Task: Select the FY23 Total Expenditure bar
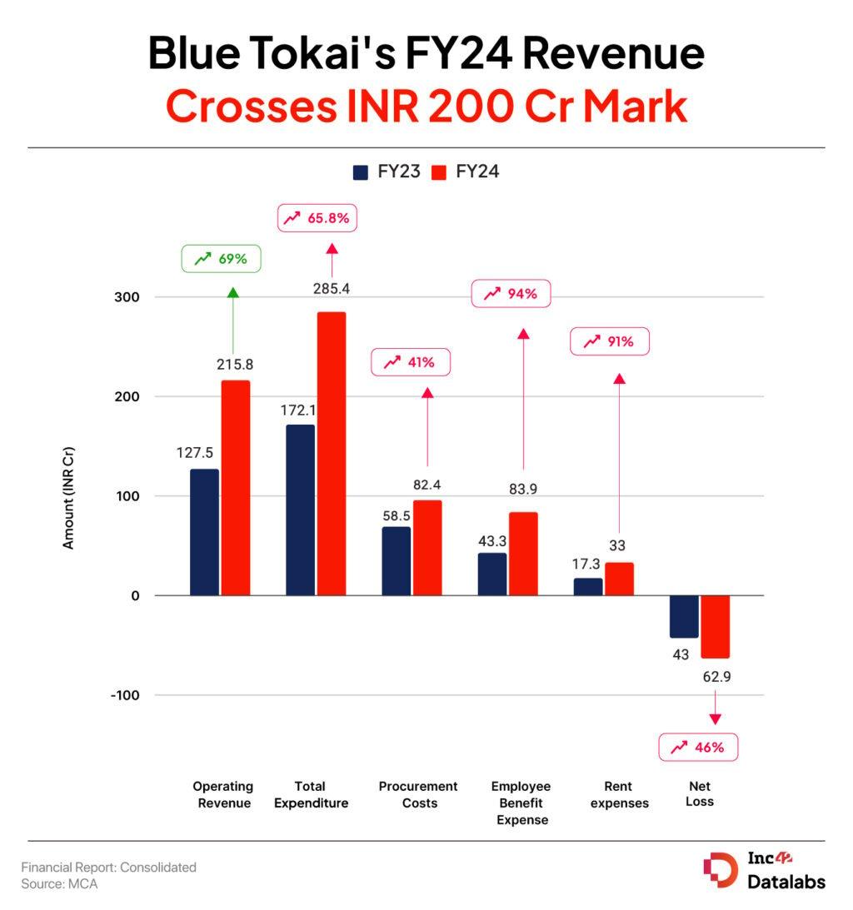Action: coord(300,510)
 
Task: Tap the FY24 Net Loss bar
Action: coord(715,626)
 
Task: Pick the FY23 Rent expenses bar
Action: coord(587,586)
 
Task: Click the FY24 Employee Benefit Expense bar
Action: coord(523,554)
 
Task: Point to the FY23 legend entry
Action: coord(386,172)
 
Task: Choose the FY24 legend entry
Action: coord(466,172)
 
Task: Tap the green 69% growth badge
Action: coord(221,259)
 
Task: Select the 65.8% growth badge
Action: coord(317,218)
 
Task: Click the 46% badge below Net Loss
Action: coord(698,747)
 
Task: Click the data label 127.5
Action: coord(194,453)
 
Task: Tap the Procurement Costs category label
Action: coord(418,794)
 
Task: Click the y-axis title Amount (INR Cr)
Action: coord(69,498)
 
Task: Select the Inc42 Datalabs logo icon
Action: coord(720,869)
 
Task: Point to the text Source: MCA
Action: coord(59,884)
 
